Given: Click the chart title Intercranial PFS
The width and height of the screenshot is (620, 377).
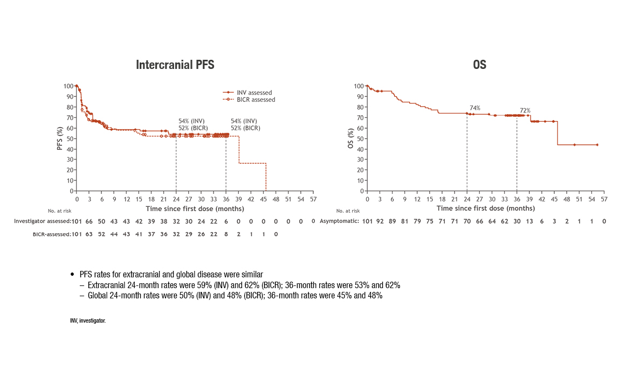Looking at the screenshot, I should [x=175, y=65].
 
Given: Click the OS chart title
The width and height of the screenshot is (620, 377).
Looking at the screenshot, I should [x=479, y=65].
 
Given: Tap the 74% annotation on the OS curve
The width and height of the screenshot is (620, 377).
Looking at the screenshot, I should [x=475, y=108].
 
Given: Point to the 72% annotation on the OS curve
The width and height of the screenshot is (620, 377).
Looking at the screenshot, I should [x=525, y=110].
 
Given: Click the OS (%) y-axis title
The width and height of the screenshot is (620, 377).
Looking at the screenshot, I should [x=351, y=138].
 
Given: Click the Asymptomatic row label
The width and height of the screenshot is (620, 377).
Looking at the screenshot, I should [x=339, y=221].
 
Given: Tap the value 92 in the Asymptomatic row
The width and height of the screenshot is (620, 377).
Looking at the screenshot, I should [x=380, y=221].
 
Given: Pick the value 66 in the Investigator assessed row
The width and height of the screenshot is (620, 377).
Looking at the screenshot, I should [x=89, y=221].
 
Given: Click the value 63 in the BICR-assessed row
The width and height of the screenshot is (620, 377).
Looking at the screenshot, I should [x=89, y=234].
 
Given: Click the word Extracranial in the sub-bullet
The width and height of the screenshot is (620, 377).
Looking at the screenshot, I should [x=106, y=285].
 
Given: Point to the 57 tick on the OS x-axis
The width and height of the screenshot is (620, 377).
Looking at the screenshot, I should [x=604, y=198].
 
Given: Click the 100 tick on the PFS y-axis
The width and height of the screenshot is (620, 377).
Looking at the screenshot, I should [x=68, y=86].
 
